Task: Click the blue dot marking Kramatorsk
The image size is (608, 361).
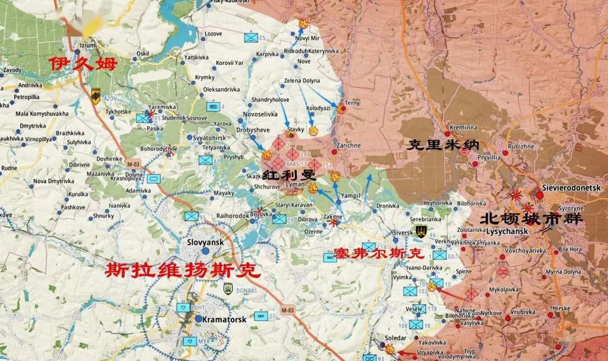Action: pyautogui.click(x=198, y=319)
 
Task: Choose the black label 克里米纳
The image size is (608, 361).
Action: pyautogui.click(x=439, y=146)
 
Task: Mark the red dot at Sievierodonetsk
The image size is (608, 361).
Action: pyautogui.click(x=540, y=196)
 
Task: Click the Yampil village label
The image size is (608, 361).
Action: pyautogui.click(x=351, y=195)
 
